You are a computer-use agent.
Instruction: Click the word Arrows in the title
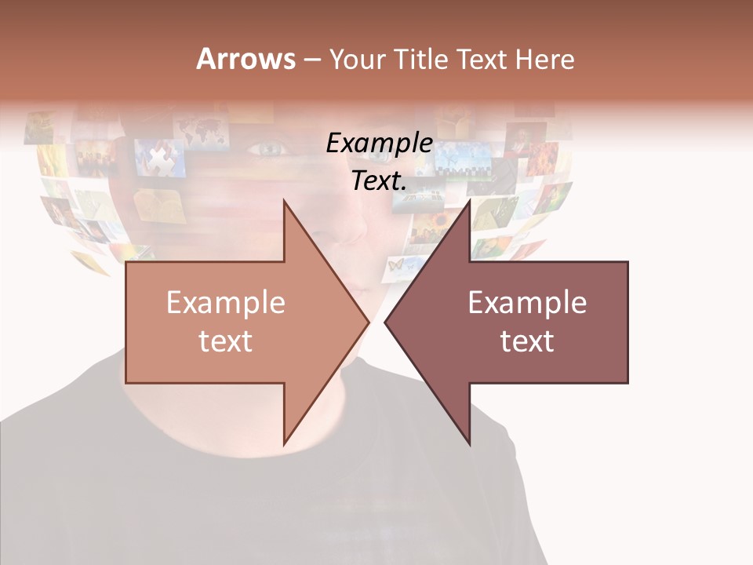click(246, 59)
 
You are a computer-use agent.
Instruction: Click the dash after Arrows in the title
click(311, 59)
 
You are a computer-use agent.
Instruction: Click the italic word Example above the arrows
click(380, 144)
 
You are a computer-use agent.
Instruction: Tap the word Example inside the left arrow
click(226, 303)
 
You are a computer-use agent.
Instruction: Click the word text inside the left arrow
click(226, 341)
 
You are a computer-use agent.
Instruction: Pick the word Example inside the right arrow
click(527, 303)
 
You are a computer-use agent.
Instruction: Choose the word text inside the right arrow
click(527, 341)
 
